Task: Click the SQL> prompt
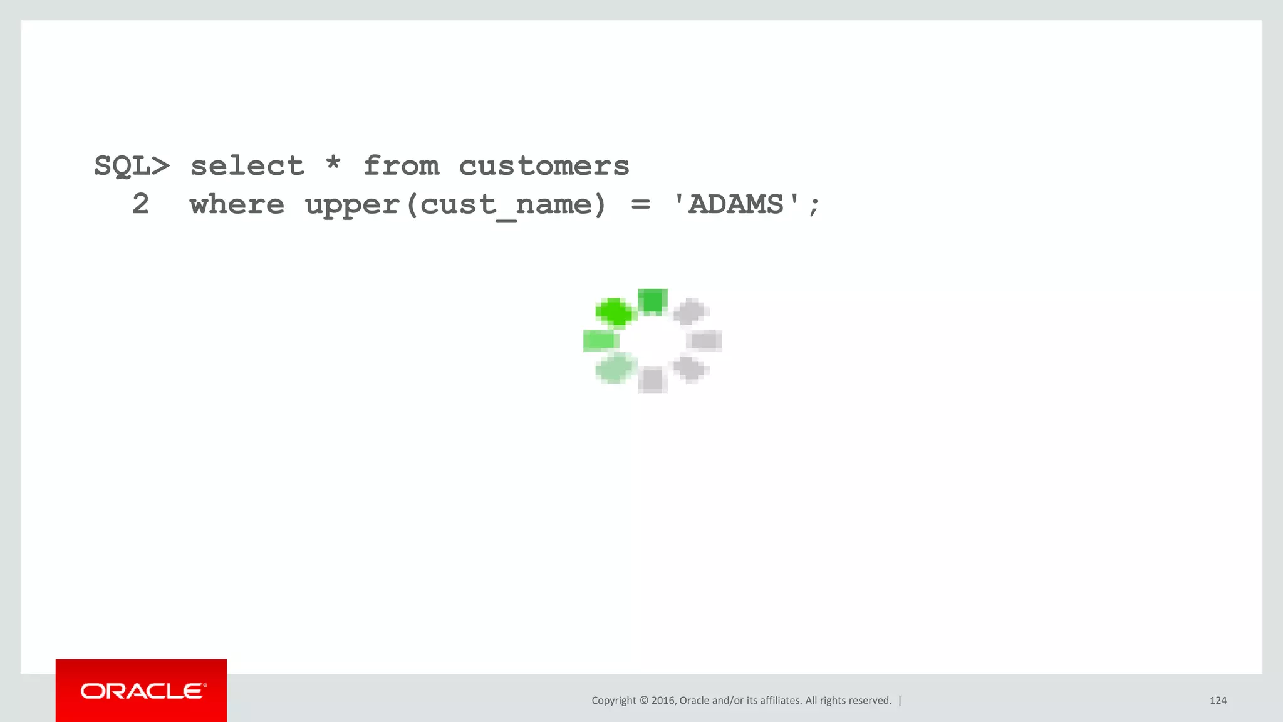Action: pyautogui.click(x=132, y=167)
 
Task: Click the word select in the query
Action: pyautogui.click(x=247, y=166)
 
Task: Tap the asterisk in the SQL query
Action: pyautogui.click(x=333, y=164)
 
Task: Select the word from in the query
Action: pyautogui.click(x=401, y=166)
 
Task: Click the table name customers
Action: pyautogui.click(x=544, y=167)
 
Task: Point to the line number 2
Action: pyautogui.click(x=141, y=204)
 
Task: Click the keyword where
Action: pyautogui.click(x=237, y=205)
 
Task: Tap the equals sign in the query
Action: pyautogui.click(x=640, y=205)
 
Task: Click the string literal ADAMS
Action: pyautogui.click(x=735, y=205)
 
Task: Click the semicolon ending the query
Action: pyautogui.click(x=814, y=206)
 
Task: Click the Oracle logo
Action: pyautogui.click(x=142, y=691)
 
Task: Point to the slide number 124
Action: pyautogui.click(x=1218, y=701)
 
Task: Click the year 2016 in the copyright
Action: pyautogui.click(x=663, y=701)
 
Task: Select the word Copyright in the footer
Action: pyautogui.click(x=613, y=701)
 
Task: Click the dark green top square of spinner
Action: pyautogui.click(x=652, y=301)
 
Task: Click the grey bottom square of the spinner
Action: pyautogui.click(x=652, y=380)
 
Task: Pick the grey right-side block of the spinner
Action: pyautogui.click(x=705, y=340)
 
